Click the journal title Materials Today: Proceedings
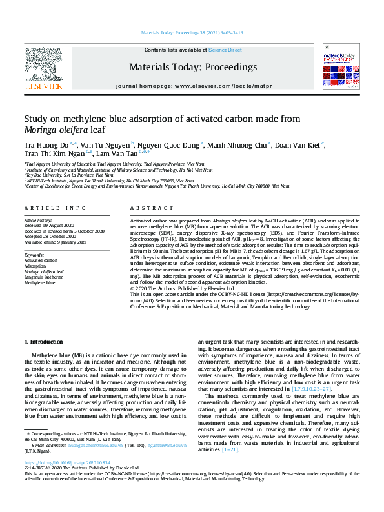[x=193, y=67]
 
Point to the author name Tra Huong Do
[x=40, y=144]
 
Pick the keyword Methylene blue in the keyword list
[x=41, y=282]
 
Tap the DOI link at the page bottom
[x=61, y=481]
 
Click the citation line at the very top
[x=192, y=33]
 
